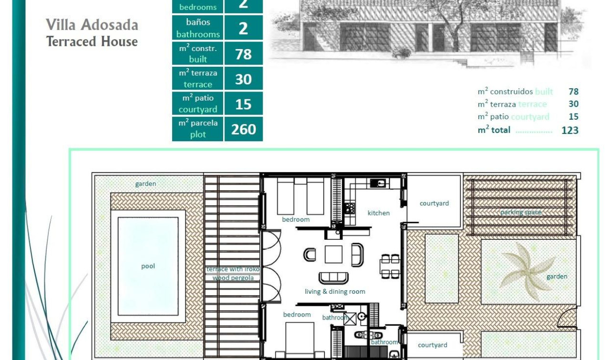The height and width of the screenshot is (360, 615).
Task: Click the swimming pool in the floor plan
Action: point(148,266)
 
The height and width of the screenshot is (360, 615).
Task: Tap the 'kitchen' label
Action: point(379,213)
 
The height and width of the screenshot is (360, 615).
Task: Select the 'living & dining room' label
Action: point(335,291)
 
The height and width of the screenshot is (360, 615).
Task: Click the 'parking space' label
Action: point(521,212)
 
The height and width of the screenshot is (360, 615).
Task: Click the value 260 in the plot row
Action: point(244,129)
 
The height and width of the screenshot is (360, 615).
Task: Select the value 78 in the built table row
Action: point(244,54)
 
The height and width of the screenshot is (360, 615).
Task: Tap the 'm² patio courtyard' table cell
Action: point(198,104)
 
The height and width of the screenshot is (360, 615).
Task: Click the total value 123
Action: point(570,130)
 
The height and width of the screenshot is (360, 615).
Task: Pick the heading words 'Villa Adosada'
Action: point(92,25)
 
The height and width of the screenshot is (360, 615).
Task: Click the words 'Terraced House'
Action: point(92,41)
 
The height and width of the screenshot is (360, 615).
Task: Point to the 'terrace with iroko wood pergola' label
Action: point(233,273)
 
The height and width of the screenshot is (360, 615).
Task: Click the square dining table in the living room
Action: point(333,254)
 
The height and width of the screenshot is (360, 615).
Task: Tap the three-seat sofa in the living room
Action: point(333,277)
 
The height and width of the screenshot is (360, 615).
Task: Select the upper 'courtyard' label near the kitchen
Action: point(434,204)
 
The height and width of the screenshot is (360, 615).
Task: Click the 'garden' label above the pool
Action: point(145,184)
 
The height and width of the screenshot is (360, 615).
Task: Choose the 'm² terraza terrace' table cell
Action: point(198,79)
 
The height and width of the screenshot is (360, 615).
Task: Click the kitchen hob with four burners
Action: point(349,208)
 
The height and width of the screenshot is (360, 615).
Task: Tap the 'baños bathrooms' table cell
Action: point(198,28)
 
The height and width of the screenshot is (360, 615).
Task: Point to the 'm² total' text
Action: point(494,130)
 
